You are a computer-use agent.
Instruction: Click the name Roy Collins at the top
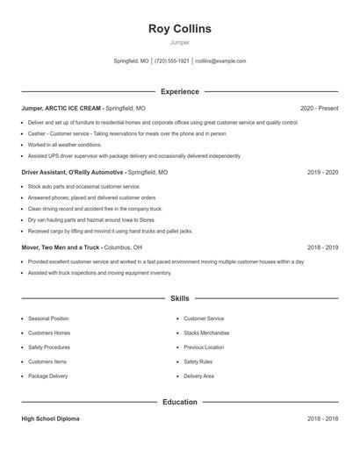(180, 29)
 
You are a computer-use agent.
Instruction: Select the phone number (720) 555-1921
(172, 61)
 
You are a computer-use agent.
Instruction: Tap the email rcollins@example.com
(220, 61)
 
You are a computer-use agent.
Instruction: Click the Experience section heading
(180, 91)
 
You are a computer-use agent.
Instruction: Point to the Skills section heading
(180, 298)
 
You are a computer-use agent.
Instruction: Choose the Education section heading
(180, 402)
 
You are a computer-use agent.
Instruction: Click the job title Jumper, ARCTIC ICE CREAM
(61, 108)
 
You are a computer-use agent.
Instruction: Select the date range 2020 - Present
(319, 108)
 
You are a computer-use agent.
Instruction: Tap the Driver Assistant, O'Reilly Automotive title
(73, 173)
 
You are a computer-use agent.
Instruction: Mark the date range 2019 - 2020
(322, 173)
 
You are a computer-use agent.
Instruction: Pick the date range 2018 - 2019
(322, 247)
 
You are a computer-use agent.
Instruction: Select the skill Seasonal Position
(48, 318)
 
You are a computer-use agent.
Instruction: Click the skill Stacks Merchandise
(206, 333)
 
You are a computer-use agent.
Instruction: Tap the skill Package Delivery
(47, 376)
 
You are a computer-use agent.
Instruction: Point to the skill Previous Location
(204, 347)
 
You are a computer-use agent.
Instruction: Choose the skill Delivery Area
(199, 376)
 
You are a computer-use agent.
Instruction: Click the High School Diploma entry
(50, 419)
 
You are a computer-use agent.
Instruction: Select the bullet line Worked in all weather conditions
(65, 145)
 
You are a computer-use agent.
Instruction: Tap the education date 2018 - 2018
(322, 419)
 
